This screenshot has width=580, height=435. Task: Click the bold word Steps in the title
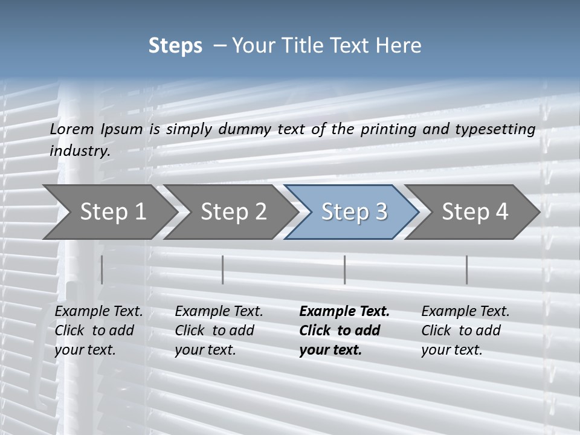pos(175,46)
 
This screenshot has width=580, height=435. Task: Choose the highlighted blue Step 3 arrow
pos(354,211)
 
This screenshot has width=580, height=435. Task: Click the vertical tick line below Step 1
pos(102,269)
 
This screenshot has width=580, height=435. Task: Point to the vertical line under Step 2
pos(223,269)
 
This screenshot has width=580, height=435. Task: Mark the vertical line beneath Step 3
pos(344,269)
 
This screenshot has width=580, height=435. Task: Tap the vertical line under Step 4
pos(466,269)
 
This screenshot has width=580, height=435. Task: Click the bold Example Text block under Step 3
pos(344,330)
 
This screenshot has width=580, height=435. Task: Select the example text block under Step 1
pos(98,330)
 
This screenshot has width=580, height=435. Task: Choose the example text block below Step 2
pos(219,330)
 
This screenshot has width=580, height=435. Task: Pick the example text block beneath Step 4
pos(465,330)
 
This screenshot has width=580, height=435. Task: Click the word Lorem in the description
pos(72,129)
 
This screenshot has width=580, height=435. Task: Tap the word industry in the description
pos(80,150)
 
